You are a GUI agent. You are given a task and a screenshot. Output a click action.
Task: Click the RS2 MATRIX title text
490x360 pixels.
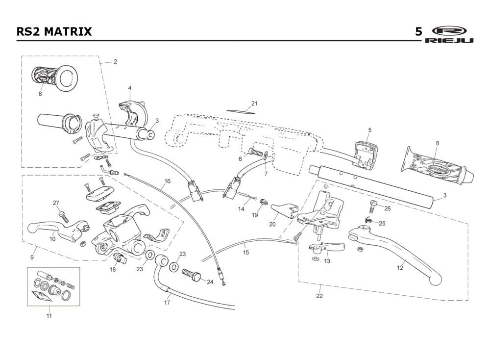tap(54, 31)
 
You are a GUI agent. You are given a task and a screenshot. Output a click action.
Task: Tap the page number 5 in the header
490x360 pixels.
tap(418, 31)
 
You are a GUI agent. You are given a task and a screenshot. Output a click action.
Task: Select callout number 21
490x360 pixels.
tap(254, 103)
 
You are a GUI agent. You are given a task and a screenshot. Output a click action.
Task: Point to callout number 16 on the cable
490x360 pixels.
tap(167, 181)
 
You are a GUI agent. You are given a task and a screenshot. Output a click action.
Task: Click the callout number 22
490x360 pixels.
tap(319, 296)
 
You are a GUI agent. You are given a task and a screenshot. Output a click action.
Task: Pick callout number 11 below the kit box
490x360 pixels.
tap(49, 316)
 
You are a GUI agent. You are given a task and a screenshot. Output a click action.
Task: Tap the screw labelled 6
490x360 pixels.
tap(255, 153)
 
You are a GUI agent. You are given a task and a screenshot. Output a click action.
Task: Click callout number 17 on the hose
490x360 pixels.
tap(167, 303)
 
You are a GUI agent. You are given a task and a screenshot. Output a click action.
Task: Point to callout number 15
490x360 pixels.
tap(246, 253)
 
